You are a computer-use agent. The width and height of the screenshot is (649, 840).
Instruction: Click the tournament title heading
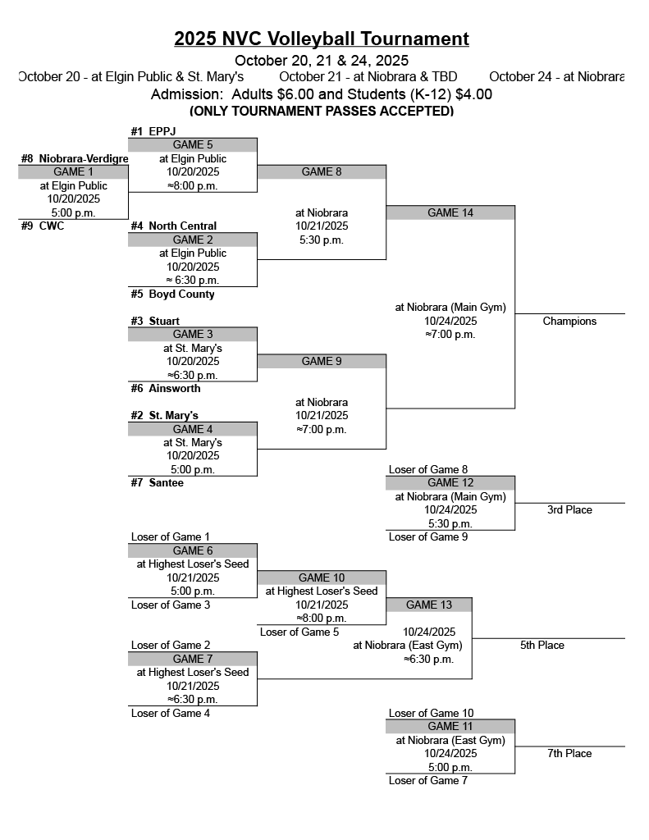322,39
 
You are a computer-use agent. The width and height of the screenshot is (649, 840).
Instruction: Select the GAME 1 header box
73,171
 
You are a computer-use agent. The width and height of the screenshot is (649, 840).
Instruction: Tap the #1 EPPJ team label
153,131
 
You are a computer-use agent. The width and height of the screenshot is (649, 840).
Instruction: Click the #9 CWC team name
43,226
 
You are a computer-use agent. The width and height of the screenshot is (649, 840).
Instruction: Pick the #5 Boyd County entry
172,294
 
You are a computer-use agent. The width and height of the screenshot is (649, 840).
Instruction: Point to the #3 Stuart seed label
155,321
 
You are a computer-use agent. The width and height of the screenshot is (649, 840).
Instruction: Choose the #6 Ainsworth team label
165,388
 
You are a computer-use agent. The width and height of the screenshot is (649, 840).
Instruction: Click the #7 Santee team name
157,482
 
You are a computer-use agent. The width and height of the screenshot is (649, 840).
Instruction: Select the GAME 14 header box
450,212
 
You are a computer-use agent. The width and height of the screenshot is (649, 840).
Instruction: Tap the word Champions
569,321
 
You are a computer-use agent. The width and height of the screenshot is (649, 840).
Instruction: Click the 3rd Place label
569,509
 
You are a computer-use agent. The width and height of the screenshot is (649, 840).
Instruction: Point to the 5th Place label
542,645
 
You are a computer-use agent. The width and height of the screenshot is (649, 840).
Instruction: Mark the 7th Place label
569,753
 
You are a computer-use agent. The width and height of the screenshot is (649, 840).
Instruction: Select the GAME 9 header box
322,361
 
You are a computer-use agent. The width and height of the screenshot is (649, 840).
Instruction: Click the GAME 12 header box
450,482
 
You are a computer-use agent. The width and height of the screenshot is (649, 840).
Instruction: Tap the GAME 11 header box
450,726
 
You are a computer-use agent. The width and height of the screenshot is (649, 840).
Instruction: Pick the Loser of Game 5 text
299,632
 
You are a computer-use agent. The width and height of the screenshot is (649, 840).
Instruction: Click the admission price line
322,94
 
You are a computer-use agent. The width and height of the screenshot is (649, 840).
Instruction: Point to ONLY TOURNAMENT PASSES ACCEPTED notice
322,111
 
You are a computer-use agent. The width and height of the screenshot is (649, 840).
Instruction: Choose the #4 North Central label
174,226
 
